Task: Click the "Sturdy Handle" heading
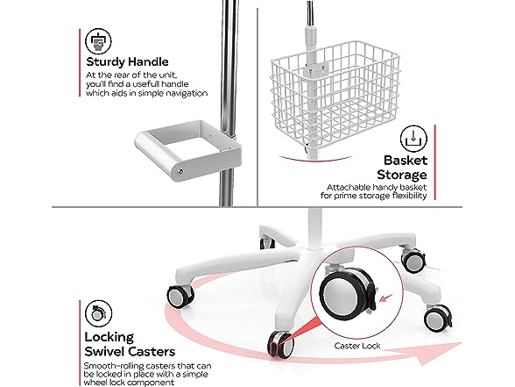point(127,61)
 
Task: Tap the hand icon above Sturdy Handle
point(98,41)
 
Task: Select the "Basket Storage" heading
point(402,168)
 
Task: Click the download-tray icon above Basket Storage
point(413,139)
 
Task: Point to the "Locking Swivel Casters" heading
point(130,344)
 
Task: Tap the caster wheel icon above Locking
point(98,313)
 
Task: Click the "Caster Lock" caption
point(357,346)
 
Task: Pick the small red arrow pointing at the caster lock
point(386,297)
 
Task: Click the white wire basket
point(335,96)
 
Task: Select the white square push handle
point(187,150)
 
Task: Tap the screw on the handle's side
point(180,171)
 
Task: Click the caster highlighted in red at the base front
point(280,345)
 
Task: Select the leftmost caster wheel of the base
point(180,297)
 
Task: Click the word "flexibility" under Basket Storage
point(410,196)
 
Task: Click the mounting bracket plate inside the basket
point(315,70)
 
